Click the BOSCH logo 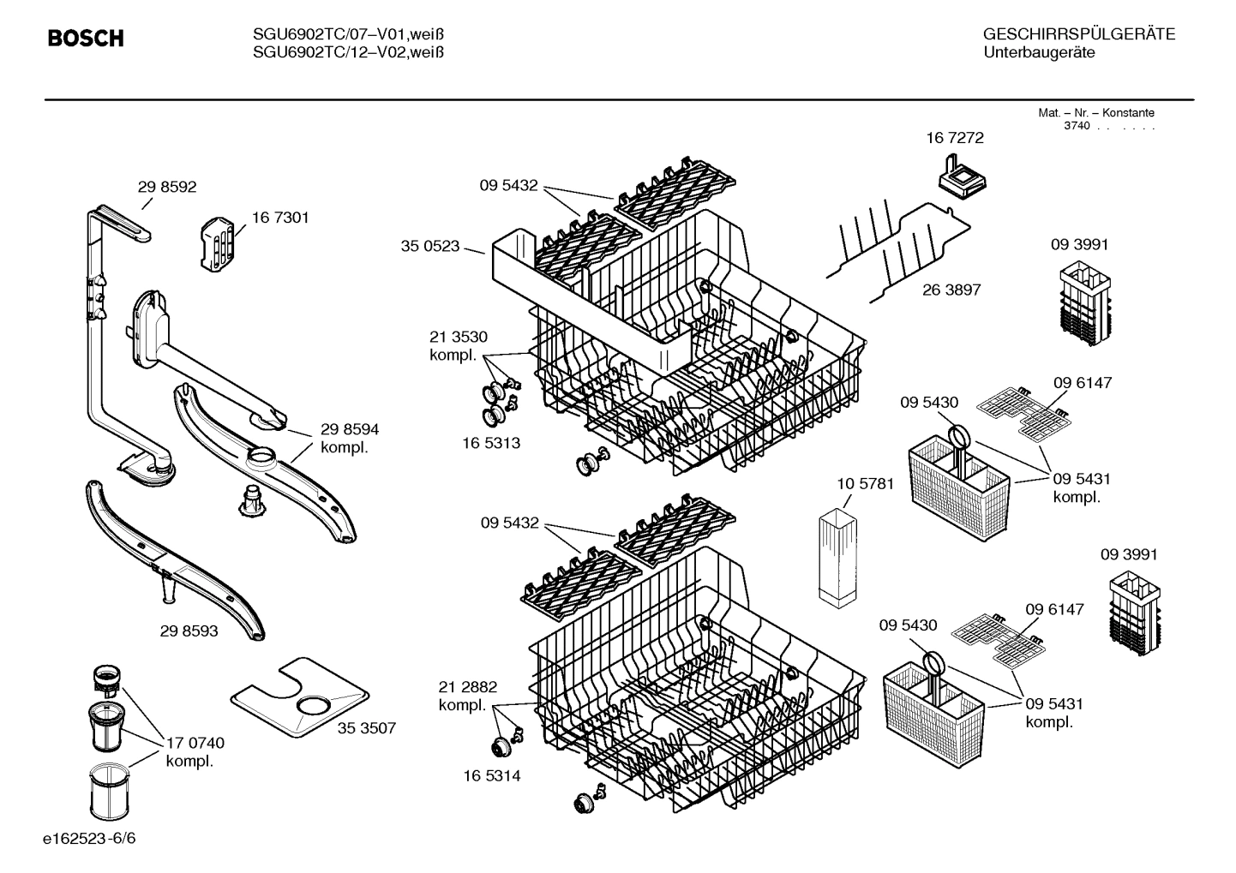(86, 39)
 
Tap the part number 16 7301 (280, 218)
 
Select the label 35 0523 (429, 247)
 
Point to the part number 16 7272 (955, 138)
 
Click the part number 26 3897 (951, 290)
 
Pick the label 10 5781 (865, 484)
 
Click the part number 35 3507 (367, 728)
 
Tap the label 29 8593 (189, 631)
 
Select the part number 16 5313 (491, 444)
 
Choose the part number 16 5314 (491, 776)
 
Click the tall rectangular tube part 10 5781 (837, 560)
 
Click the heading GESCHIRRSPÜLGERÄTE (1078, 34)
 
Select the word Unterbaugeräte (1039, 53)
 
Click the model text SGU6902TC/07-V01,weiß (348, 34)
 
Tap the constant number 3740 (1076, 127)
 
